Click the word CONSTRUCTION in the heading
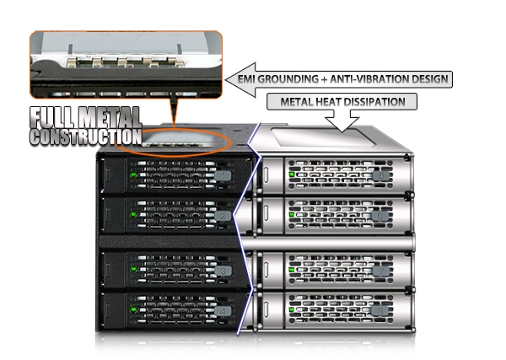84,135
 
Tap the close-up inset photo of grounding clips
126,63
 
